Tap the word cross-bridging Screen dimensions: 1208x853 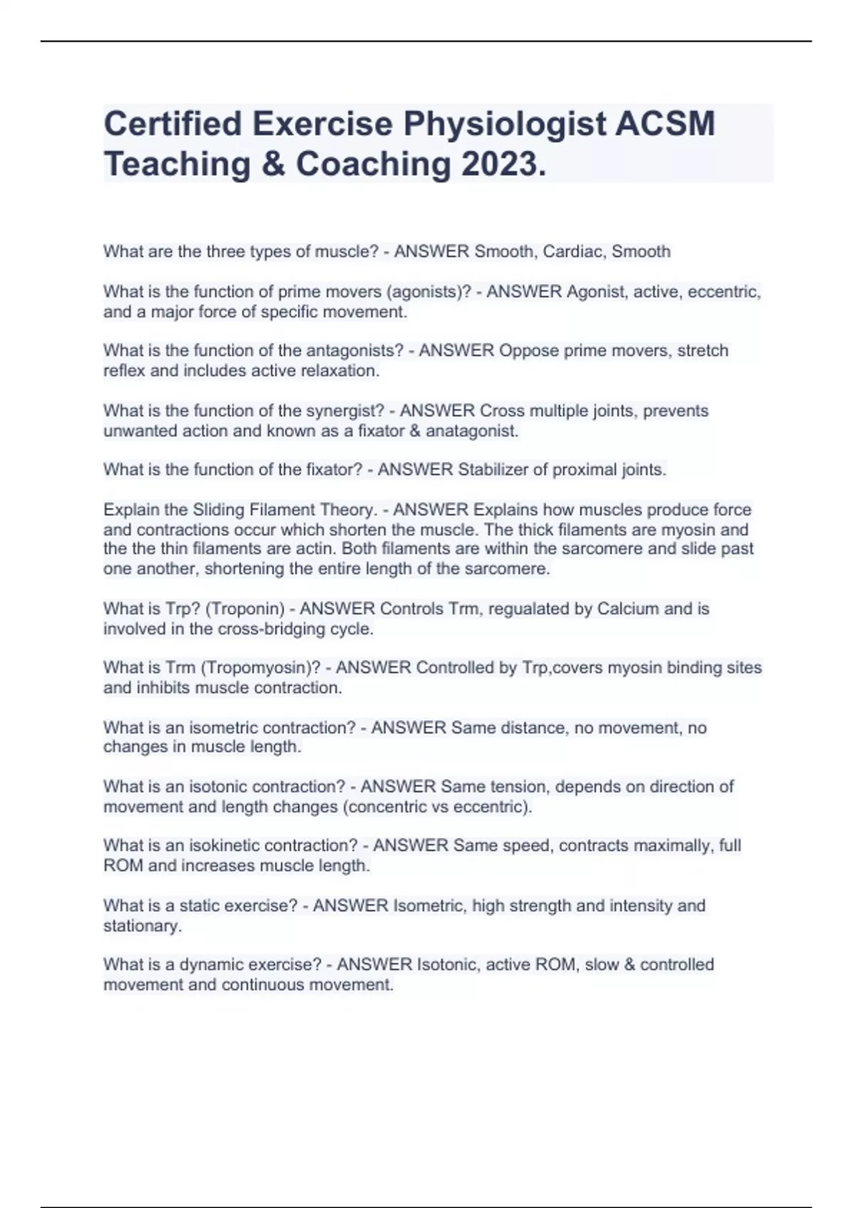tap(269, 629)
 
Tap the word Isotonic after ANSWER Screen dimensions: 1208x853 tap(448, 965)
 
